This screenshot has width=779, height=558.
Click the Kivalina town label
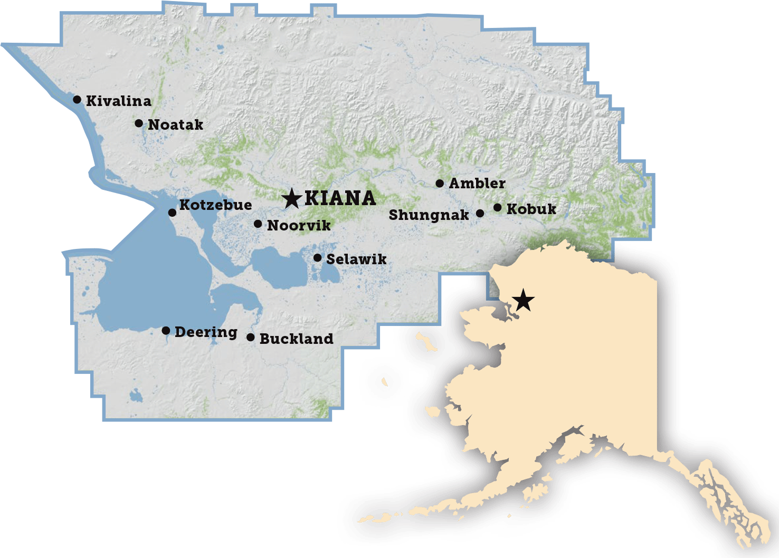(118, 101)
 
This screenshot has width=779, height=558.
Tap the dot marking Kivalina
(77, 99)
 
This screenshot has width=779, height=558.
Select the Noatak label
(175, 125)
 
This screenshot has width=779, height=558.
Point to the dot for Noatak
(139, 123)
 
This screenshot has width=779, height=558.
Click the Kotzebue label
(215, 205)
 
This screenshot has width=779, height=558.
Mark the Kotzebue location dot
(172, 213)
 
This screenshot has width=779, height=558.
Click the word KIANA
(340, 198)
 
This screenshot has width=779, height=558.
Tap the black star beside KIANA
(291, 198)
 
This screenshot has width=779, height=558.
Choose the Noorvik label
(299, 226)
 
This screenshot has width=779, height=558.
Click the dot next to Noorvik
(258, 224)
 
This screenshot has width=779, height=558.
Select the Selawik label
(356, 259)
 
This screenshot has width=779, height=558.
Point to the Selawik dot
(317, 258)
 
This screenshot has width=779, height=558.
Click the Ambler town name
(477, 184)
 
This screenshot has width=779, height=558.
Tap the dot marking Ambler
(440, 184)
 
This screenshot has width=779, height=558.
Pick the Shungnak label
(429, 215)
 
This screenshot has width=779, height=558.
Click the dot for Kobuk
(497, 208)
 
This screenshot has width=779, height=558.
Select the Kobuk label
(531, 209)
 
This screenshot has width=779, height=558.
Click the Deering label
(206, 332)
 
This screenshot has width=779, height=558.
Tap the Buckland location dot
(251, 337)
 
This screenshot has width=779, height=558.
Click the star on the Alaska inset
(523, 300)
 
